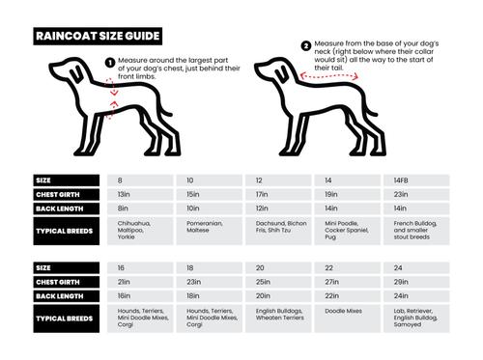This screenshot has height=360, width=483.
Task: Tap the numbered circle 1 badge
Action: tap(109, 62)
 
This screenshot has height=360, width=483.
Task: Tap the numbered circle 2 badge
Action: tap(306, 45)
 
